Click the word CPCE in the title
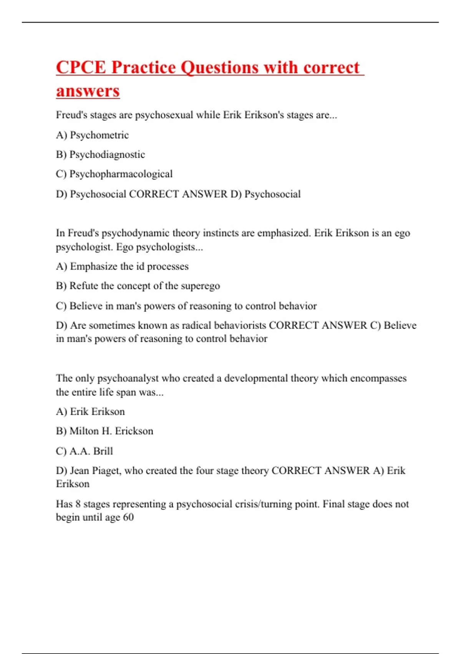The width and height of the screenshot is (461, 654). coord(81,68)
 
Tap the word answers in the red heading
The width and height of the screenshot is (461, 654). coord(88,92)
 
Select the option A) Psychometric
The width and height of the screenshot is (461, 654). coord(92,135)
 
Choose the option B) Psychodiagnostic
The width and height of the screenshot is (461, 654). coord(100,155)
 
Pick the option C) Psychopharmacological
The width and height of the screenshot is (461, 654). coord(114,174)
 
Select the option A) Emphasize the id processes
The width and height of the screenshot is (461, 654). coord(122,267)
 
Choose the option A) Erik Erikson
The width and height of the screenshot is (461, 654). coord(90,412)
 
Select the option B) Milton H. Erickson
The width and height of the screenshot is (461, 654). coord(104,431)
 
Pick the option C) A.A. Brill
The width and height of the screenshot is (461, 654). coord(85,451)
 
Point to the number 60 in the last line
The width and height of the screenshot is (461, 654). coord(128,517)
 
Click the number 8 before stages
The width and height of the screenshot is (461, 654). coord(78,504)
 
